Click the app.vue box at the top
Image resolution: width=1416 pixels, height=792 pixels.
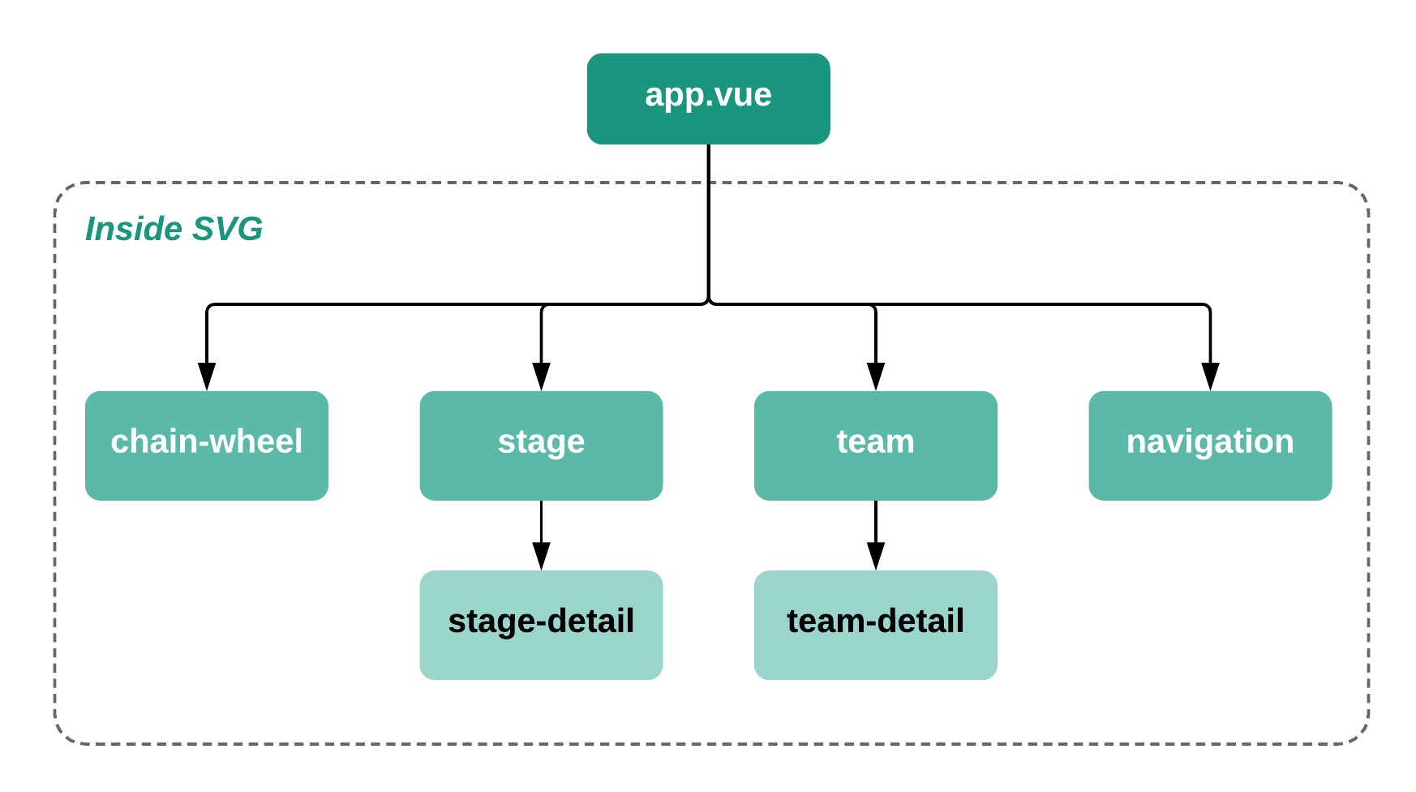pos(708,99)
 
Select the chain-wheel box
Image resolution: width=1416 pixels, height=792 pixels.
pos(206,445)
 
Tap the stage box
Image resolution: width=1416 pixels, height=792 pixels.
pos(541,445)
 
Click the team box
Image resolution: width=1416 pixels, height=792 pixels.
pos(875,445)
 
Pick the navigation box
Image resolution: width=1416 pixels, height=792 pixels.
pos(1209,445)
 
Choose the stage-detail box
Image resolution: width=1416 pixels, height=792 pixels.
pos(541,625)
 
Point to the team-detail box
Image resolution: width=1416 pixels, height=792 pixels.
pos(875,625)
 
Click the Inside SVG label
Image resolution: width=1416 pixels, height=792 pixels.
pos(174,229)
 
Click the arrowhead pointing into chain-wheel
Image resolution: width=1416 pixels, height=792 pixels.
pos(207,377)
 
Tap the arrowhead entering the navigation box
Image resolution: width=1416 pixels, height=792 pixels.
pos(1210,377)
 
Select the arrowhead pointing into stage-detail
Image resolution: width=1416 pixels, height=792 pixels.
pos(541,557)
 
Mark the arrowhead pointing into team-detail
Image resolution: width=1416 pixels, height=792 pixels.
pos(875,557)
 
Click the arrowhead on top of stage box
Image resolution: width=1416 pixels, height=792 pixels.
pos(541,377)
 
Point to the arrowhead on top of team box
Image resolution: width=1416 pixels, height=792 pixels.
pos(875,377)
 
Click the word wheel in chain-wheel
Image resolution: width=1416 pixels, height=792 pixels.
pos(259,441)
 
